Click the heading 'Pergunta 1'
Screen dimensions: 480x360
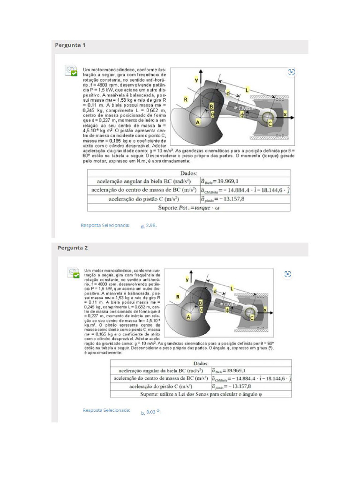70,45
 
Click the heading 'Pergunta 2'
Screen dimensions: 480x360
73,247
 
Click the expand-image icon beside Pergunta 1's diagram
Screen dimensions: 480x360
292,72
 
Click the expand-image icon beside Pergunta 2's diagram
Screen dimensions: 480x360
288,274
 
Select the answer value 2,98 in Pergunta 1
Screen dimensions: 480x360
150,225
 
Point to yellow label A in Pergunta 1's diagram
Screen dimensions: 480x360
197,122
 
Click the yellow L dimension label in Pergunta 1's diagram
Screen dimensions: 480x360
247,89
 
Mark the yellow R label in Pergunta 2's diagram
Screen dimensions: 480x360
178,297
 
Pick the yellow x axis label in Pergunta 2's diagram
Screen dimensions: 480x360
265,309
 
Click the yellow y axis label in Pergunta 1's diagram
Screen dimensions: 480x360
196,80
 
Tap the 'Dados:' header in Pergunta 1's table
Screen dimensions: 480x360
188,173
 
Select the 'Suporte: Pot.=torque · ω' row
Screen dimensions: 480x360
188,208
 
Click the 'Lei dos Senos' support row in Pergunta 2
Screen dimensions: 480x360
201,395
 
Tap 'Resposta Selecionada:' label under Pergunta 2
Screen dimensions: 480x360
106,410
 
